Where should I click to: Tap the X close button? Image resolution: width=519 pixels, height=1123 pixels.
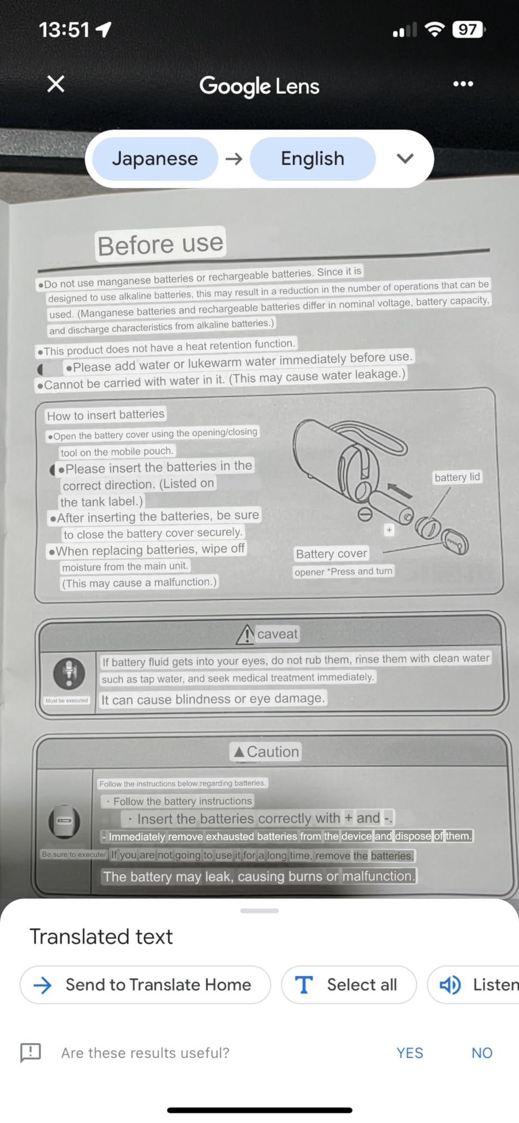pyautogui.click(x=56, y=84)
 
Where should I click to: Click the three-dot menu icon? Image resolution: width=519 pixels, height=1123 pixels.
pyautogui.click(x=463, y=84)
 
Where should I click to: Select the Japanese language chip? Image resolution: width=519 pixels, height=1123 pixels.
pyautogui.click(x=155, y=159)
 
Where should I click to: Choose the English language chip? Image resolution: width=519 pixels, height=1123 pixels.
pyautogui.click(x=313, y=159)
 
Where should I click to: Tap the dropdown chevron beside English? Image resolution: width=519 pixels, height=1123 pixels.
pyautogui.click(x=405, y=158)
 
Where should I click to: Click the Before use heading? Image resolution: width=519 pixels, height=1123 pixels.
pyautogui.click(x=160, y=244)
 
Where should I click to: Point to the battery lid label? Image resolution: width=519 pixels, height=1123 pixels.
pyautogui.click(x=457, y=477)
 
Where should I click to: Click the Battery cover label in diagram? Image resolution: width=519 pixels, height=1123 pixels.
pyautogui.click(x=332, y=553)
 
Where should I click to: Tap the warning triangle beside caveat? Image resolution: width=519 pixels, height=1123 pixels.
pyautogui.click(x=245, y=634)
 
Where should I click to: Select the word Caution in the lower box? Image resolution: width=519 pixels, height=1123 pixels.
pyautogui.click(x=273, y=752)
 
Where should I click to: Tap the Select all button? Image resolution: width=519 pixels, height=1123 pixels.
pyautogui.click(x=349, y=985)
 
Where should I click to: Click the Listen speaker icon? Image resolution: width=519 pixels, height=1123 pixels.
pyautogui.click(x=450, y=985)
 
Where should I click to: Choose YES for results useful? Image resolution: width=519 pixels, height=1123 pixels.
pyautogui.click(x=410, y=1053)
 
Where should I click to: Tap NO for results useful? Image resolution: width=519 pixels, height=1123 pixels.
pyautogui.click(x=482, y=1053)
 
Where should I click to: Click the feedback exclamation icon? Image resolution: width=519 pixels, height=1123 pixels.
pyautogui.click(x=30, y=1052)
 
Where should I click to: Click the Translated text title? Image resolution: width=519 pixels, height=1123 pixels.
pyautogui.click(x=101, y=937)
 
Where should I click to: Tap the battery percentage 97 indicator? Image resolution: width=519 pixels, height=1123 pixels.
pyautogui.click(x=468, y=29)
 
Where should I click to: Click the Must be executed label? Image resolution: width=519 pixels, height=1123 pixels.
pyautogui.click(x=66, y=700)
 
